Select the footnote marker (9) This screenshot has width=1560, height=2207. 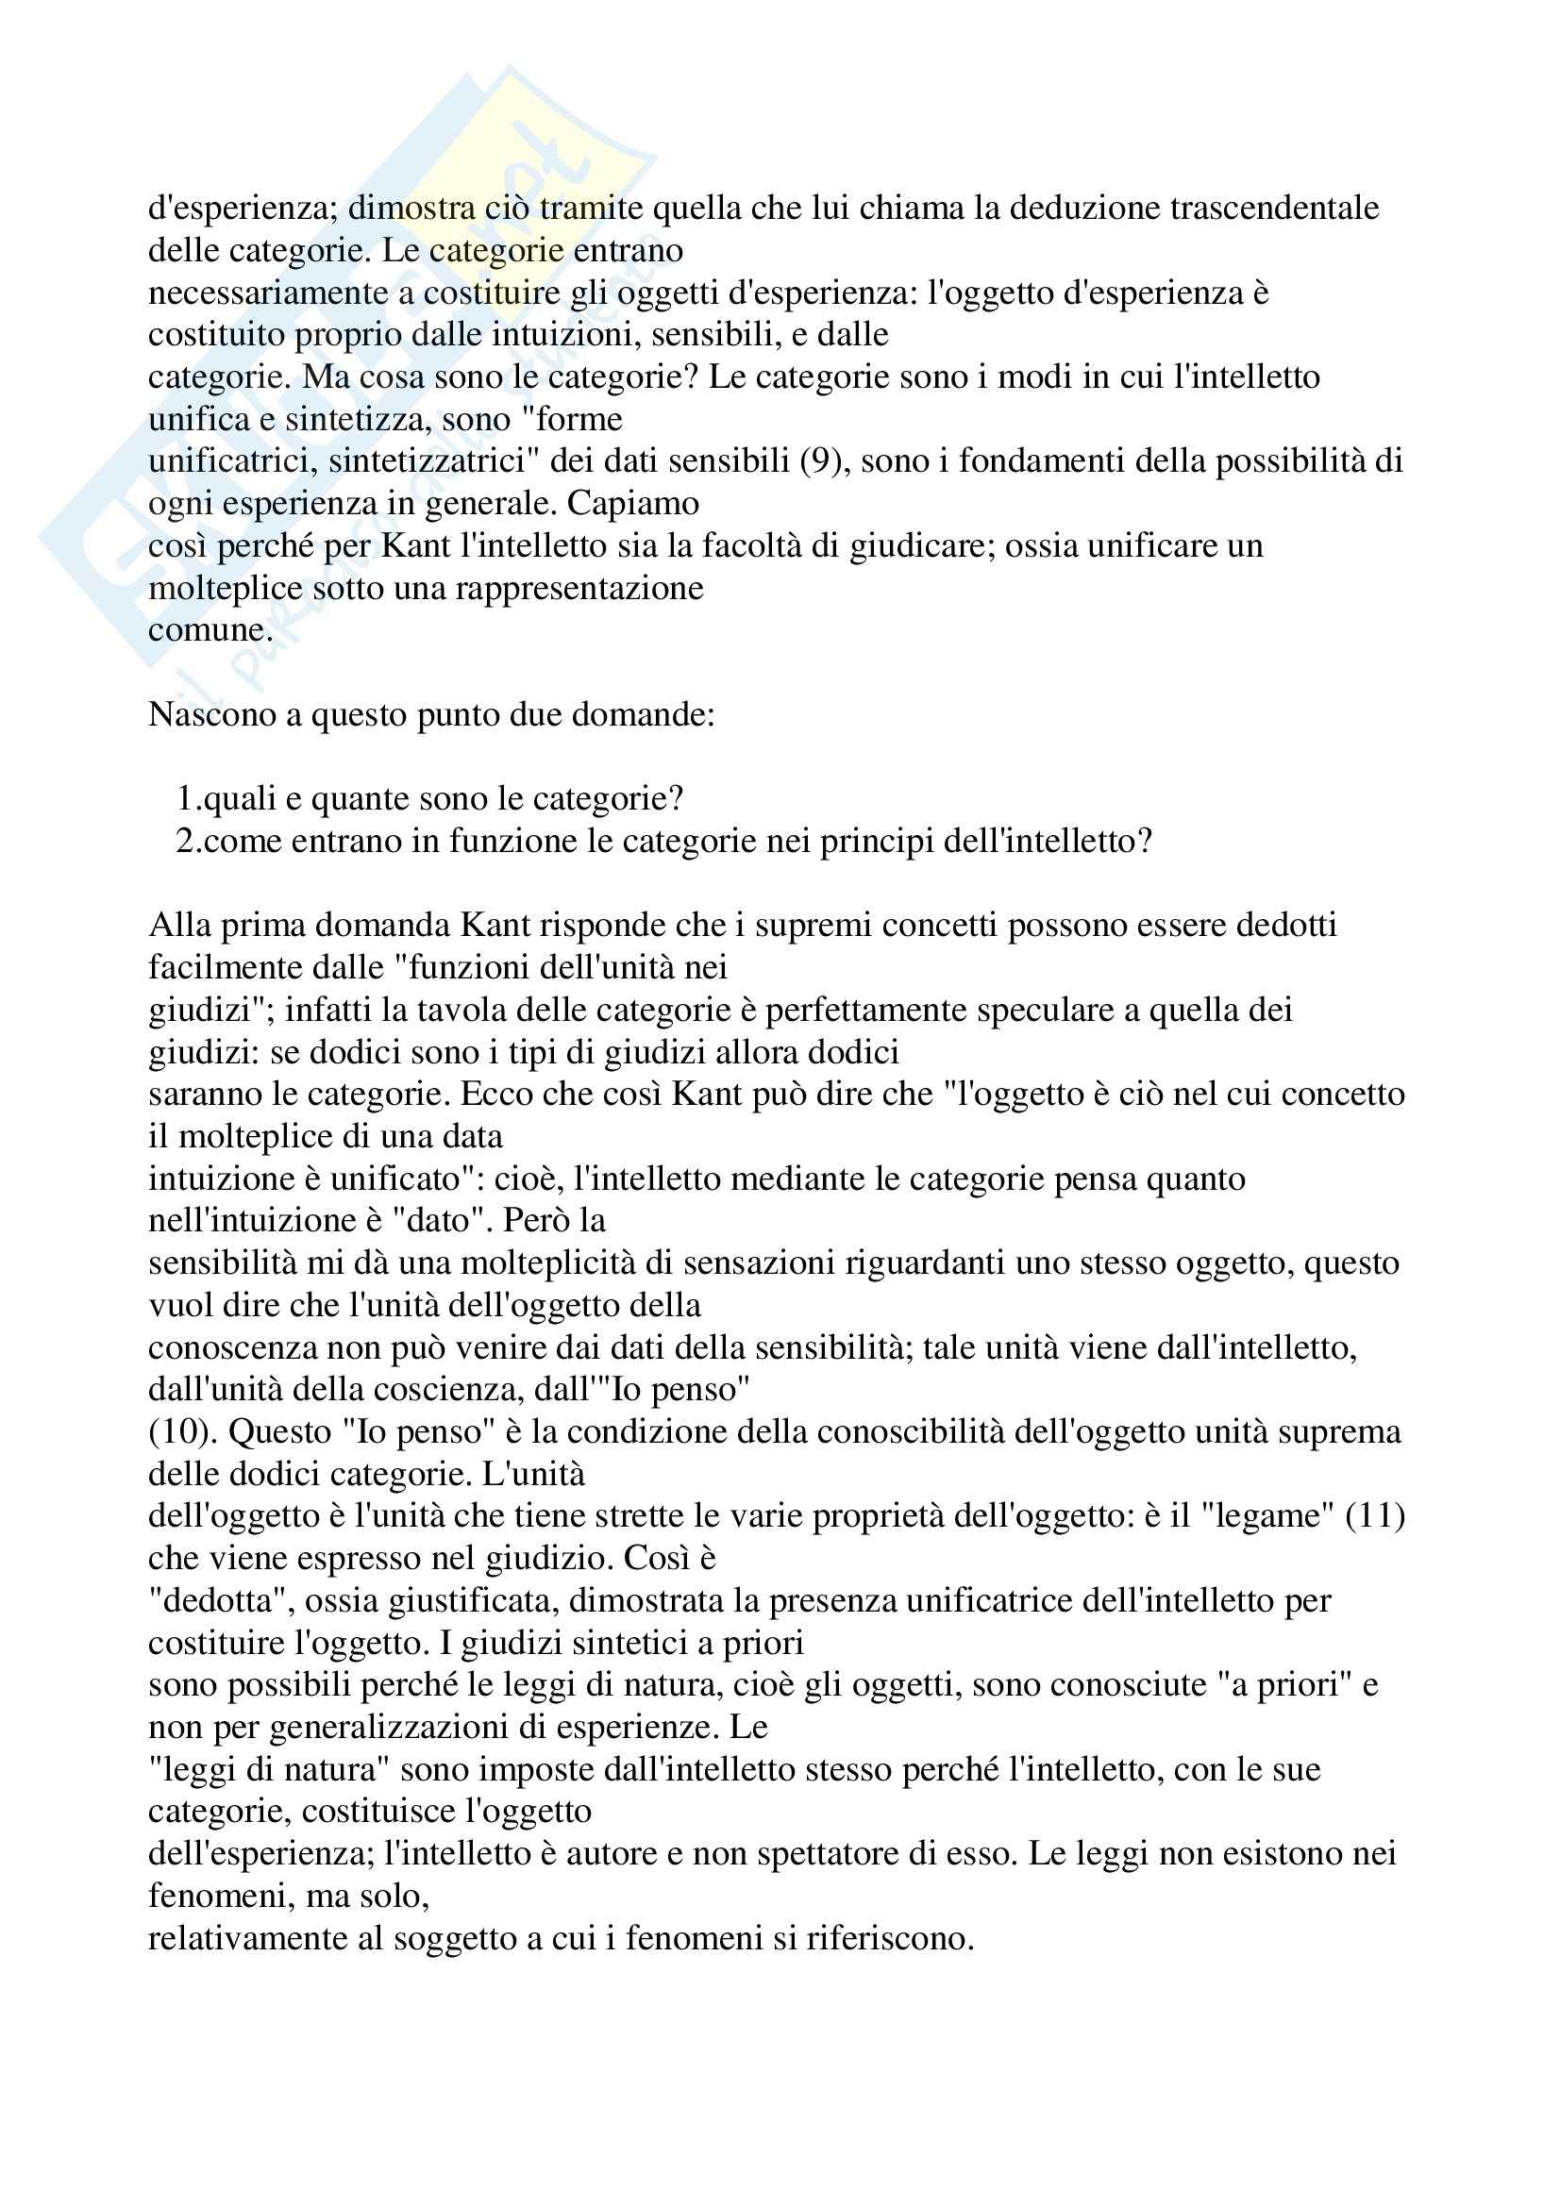tap(820, 461)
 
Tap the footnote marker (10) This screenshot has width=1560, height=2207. tap(179, 1431)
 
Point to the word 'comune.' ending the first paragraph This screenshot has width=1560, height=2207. tap(210, 630)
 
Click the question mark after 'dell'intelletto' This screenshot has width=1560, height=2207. tap(1143, 841)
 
